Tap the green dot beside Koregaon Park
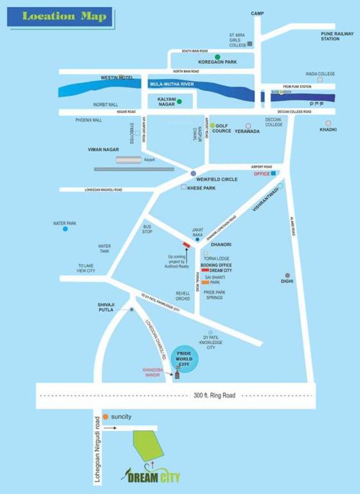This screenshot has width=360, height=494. [218, 57]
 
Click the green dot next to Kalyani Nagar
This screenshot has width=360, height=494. [179, 101]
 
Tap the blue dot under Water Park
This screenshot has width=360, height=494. [65, 228]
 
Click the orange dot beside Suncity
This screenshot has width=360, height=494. [105, 417]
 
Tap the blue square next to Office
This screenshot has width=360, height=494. [273, 174]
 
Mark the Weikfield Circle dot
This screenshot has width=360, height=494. [193, 174]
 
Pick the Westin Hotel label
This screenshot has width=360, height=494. [116, 78]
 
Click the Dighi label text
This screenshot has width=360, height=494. [288, 281]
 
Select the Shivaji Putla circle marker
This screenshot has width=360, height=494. [131, 309]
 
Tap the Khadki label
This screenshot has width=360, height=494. [328, 130]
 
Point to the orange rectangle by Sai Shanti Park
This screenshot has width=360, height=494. [204, 282]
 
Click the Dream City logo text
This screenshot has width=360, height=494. [154, 478]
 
